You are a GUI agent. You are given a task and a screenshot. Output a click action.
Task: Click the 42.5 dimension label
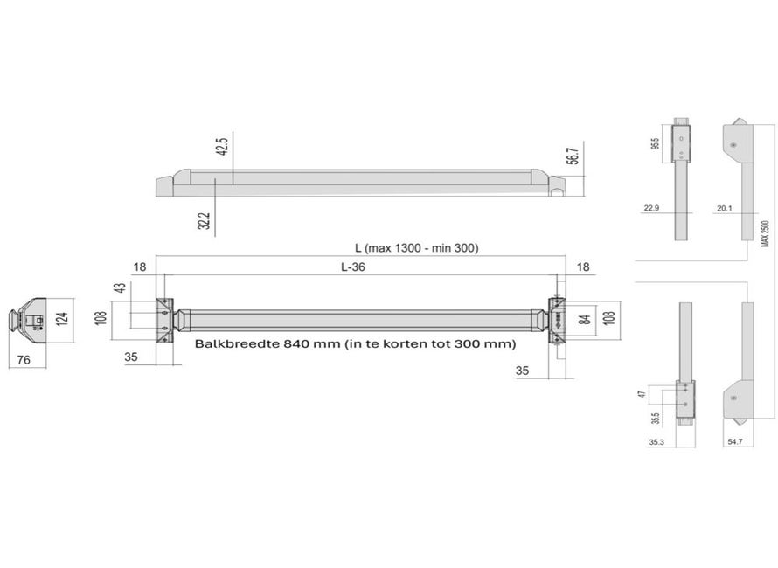point(222,147)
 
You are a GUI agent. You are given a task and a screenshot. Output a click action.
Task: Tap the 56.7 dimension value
point(573,156)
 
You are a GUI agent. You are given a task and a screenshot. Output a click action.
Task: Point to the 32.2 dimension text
point(204,221)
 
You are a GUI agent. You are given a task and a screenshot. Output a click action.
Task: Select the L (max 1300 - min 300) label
point(417,247)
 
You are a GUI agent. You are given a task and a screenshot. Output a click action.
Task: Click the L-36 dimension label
point(353,267)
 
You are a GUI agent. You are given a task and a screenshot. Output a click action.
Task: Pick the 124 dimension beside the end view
point(62,318)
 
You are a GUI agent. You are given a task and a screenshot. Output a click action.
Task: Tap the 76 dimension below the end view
point(24,360)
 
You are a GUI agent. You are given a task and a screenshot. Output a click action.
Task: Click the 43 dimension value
point(120,287)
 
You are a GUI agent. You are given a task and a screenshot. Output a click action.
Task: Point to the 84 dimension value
point(586,318)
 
